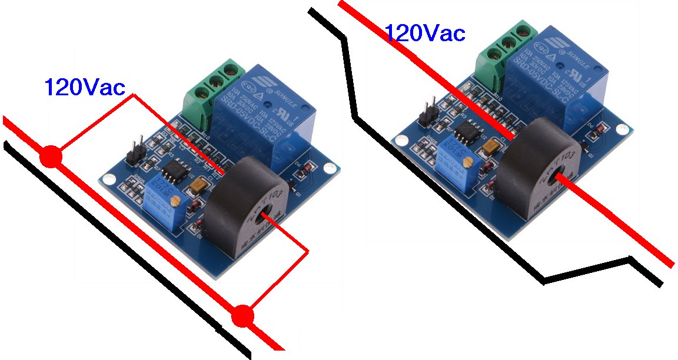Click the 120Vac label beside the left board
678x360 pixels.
coord(85,87)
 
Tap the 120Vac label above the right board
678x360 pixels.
coord(424,33)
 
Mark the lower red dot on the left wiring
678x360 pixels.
coord(242,316)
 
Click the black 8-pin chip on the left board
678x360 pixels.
coord(175,171)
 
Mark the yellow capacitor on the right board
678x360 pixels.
coord(489,145)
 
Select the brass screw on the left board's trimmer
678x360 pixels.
coord(173,200)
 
